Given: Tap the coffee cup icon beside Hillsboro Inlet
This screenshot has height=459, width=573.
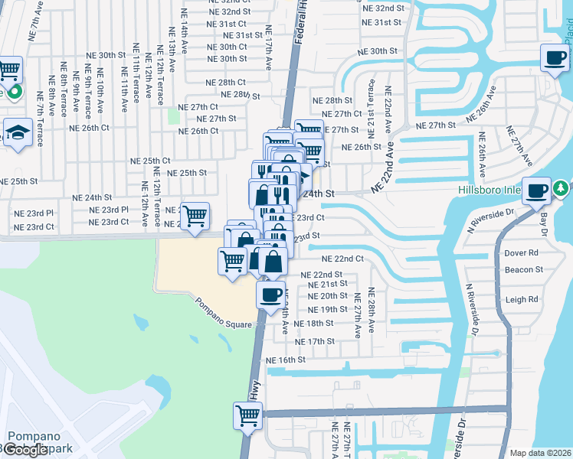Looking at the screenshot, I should click(x=538, y=191).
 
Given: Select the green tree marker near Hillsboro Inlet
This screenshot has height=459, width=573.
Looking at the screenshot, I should click(x=561, y=187).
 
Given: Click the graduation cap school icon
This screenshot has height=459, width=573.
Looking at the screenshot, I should click(x=17, y=133).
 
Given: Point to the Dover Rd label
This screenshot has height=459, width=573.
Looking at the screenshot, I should click(x=521, y=252).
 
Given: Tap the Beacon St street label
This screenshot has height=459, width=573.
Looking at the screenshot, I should click(x=523, y=269).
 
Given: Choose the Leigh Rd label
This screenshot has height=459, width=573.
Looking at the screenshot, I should click(x=522, y=300).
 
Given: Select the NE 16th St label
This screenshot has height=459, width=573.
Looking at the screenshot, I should click(x=285, y=360).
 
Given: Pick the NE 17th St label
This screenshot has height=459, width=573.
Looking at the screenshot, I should click(x=315, y=341).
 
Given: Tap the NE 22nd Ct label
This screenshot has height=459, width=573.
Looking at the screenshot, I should click(x=342, y=259).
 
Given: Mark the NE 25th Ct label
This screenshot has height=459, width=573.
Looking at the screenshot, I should click(x=150, y=161).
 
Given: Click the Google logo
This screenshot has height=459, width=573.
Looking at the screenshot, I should click(x=25, y=450).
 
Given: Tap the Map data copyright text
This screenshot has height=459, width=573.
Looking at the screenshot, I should click(x=541, y=453).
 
